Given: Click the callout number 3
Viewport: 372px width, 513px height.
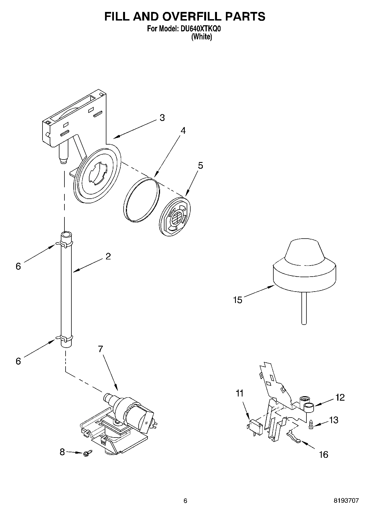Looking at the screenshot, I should click(162, 118).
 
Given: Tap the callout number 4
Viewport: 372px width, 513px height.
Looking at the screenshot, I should click(183, 131).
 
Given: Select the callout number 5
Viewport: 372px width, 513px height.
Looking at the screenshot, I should click(200, 166).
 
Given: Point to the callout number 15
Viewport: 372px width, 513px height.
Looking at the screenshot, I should click(238, 300).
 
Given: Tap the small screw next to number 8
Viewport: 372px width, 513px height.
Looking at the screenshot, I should click(86, 453).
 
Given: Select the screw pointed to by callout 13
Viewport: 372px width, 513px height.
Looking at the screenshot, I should click(311, 425).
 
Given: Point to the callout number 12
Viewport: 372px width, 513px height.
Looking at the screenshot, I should click(340, 397).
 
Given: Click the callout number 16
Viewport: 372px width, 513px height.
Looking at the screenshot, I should click(324, 454).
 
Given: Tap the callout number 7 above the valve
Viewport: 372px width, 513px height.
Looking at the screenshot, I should click(100, 349).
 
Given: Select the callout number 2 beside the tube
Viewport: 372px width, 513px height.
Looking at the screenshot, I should click(108, 256).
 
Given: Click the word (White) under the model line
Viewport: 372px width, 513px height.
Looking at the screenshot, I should click(202, 37).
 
